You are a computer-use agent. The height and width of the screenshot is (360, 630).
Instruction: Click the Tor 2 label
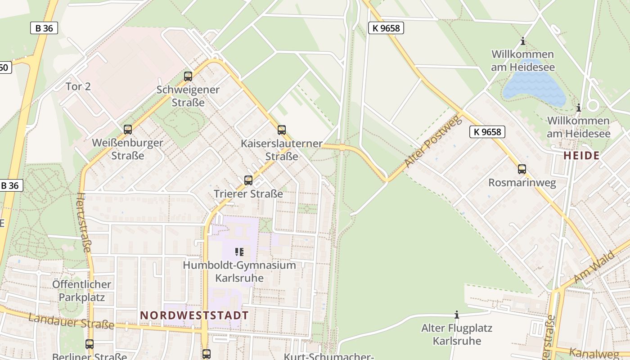(x=78, y=86)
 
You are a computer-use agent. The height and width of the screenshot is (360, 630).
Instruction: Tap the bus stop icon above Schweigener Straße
(x=188, y=76)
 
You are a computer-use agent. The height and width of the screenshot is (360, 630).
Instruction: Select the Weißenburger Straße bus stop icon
(x=128, y=130)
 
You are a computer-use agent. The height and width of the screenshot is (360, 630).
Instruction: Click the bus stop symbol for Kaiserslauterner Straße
(x=282, y=130)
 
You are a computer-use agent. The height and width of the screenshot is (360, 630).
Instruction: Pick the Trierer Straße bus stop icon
(x=248, y=180)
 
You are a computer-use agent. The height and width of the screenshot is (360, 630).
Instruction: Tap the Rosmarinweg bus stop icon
(x=522, y=169)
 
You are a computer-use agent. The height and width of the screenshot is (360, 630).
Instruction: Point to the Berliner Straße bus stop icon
(x=90, y=344)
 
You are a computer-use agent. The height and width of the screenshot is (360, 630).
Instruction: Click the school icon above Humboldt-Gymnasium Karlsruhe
(x=239, y=252)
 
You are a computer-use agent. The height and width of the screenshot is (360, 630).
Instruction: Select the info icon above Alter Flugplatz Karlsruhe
(x=457, y=315)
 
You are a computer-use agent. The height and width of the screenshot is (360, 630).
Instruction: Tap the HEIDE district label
(x=581, y=156)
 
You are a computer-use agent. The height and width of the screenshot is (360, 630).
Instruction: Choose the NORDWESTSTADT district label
(x=194, y=315)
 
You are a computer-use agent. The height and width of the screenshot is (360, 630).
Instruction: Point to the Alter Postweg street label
(x=433, y=141)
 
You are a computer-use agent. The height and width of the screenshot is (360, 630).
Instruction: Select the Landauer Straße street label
(x=71, y=321)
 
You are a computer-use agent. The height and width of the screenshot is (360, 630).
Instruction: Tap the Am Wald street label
(x=594, y=267)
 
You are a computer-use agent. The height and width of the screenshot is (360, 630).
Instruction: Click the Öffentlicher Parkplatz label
(x=81, y=291)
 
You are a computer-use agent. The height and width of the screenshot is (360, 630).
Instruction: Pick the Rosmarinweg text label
(x=522, y=183)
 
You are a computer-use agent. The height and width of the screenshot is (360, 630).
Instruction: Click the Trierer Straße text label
(x=248, y=194)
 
